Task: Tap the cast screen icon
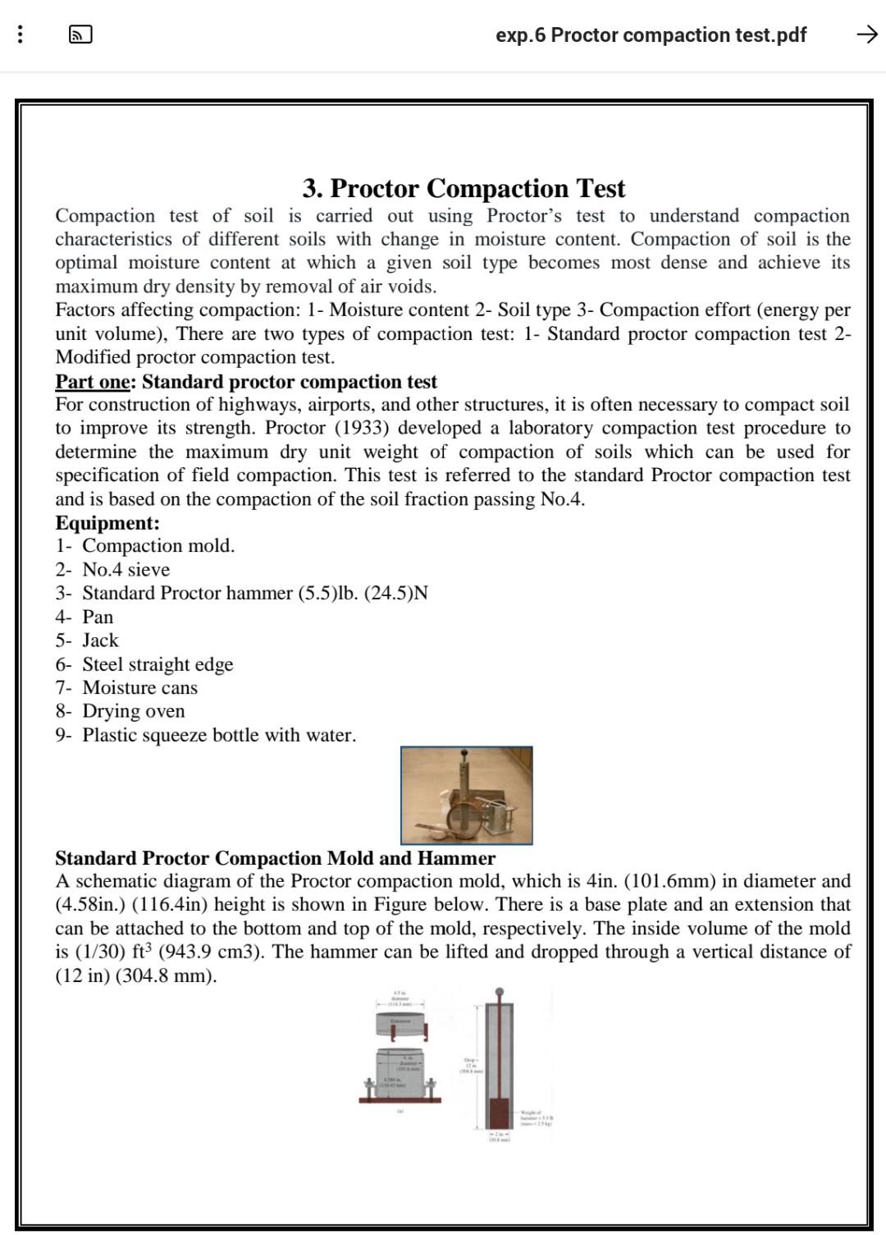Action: click(x=80, y=34)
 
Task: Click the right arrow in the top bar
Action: click(x=866, y=34)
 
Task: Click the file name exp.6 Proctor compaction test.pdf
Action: click(x=651, y=35)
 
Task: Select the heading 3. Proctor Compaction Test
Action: click(x=464, y=188)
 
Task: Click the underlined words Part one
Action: click(x=92, y=382)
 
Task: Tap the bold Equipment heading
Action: click(x=107, y=523)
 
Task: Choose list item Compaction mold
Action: click(x=158, y=546)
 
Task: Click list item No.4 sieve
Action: click(x=126, y=570)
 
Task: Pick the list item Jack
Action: click(x=100, y=640)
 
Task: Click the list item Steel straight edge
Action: click(x=158, y=664)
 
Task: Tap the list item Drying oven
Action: click(x=134, y=711)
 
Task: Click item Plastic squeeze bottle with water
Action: click(x=219, y=735)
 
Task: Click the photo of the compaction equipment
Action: click(x=466, y=795)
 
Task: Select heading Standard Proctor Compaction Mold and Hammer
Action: click(x=275, y=858)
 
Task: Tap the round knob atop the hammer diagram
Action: click(x=499, y=993)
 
